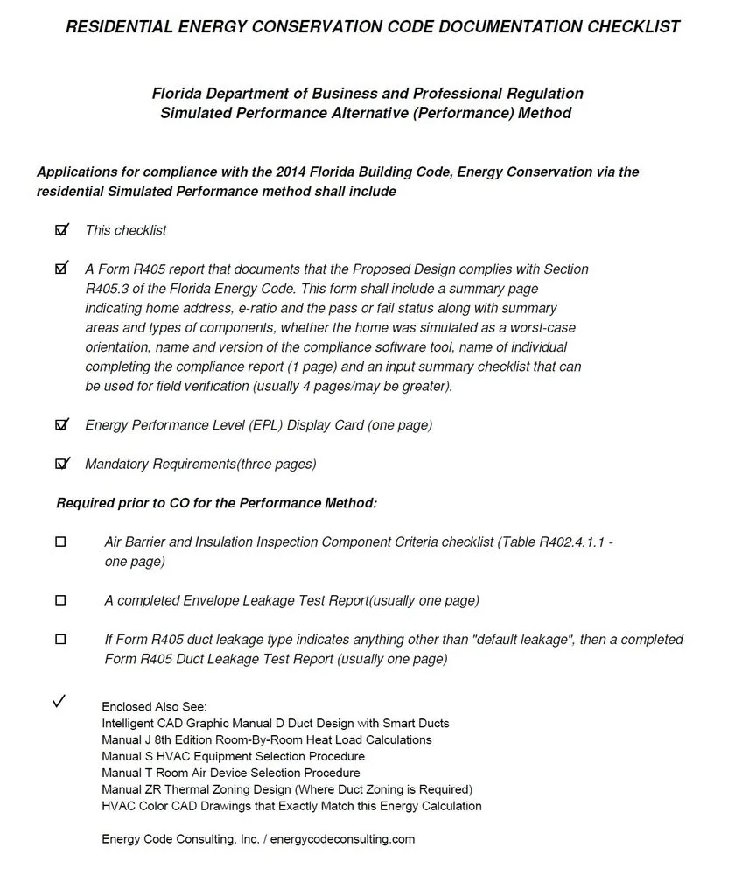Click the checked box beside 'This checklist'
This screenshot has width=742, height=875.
(x=61, y=230)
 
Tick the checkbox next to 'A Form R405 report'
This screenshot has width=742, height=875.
(x=61, y=269)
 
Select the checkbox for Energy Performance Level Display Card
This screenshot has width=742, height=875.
(x=61, y=425)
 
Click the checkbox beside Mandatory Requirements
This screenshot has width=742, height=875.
(x=61, y=464)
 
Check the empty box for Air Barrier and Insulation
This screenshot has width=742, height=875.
(x=60, y=542)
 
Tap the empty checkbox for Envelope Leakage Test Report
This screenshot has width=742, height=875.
(x=60, y=600)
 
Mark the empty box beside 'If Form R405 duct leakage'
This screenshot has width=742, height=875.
(x=60, y=640)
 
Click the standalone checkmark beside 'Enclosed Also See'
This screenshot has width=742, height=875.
(x=59, y=702)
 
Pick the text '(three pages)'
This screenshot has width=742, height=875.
(x=276, y=464)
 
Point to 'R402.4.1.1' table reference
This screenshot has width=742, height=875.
(x=571, y=542)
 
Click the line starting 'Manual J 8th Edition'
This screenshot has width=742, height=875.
(x=267, y=739)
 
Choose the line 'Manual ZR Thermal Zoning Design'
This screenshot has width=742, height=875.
(x=287, y=789)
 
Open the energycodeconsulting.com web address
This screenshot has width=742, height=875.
(x=342, y=839)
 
